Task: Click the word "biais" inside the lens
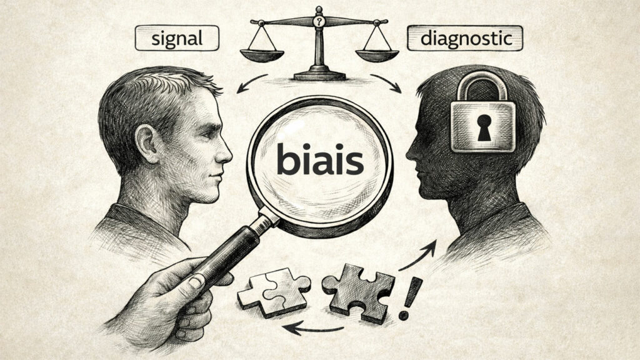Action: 319,161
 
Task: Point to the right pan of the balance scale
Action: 378,54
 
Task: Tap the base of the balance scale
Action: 319,74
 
